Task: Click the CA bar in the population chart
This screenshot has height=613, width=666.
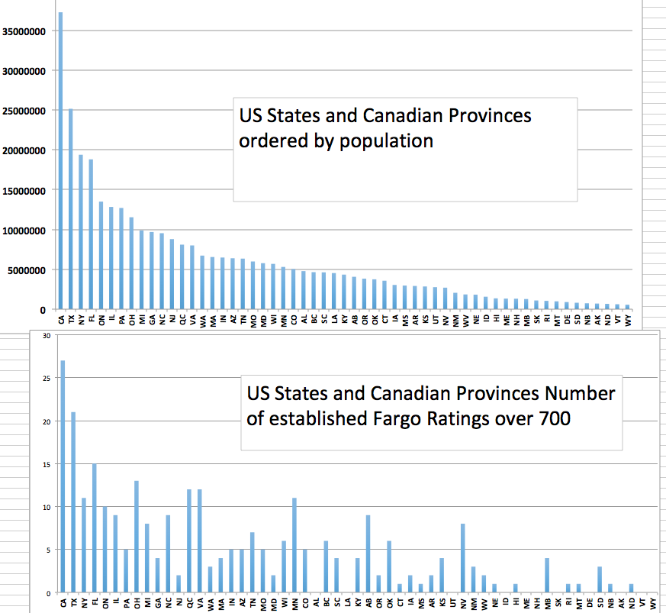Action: (60, 160)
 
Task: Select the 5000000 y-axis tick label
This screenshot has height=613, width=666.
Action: (29, 269)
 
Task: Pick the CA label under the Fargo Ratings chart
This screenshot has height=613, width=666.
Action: (63, 602)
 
